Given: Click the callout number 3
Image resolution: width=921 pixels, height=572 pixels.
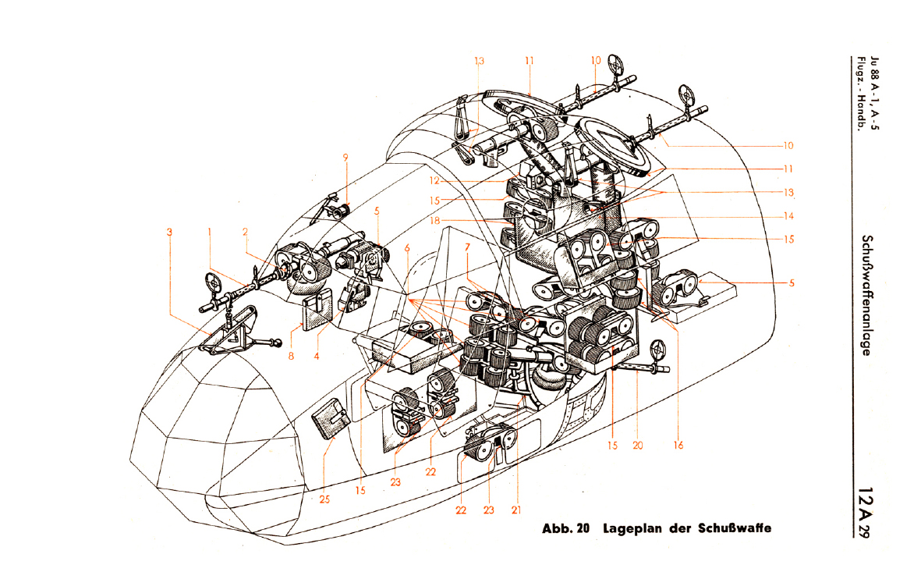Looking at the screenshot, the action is coord(169,232).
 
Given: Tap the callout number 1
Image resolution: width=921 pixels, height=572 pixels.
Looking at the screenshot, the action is coord(209,232).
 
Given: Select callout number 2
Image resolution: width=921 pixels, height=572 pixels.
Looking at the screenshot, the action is coord(245,232).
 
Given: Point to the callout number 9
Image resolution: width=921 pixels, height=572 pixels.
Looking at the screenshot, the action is coord(345,158).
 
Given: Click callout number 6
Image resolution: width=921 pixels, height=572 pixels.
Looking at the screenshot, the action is coord(407,248).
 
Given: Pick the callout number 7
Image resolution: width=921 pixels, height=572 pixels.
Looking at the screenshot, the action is coord(468,247).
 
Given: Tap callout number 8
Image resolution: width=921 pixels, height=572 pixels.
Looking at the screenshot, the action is coord(292,356).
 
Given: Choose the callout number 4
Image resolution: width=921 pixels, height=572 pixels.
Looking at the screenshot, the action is coord(317,356).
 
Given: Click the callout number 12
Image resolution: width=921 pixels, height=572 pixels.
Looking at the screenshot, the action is coord(434,181).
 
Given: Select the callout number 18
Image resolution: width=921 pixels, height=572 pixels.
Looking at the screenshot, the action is coord(434,221).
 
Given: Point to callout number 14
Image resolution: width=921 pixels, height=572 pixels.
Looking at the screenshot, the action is coord(788,215).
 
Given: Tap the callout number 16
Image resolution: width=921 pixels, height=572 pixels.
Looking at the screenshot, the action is coord(678,445).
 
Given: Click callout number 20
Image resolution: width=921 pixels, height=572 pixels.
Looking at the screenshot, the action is coord(638,445).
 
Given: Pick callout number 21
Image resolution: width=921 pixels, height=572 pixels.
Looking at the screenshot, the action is coord(515,510).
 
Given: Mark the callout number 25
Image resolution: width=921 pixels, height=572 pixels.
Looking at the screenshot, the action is coord(325,499).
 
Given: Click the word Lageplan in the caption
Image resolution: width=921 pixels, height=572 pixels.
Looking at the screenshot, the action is coord(628,528).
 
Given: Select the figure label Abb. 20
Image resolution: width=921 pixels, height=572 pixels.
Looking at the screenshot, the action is coord(565,528).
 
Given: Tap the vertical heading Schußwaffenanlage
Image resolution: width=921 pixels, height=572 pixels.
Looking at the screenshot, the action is coord(866,295).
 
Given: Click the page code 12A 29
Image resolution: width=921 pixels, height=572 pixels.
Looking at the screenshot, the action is coord(865,511).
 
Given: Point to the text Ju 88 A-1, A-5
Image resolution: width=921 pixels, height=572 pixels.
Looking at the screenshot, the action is coord(875,93).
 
